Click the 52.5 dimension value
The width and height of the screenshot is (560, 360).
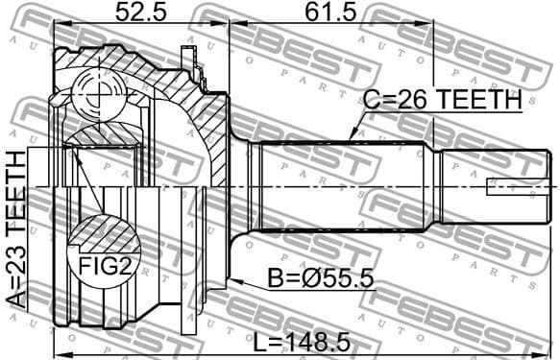tap(141, 13)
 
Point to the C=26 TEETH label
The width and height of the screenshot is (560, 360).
tap(441, 98)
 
